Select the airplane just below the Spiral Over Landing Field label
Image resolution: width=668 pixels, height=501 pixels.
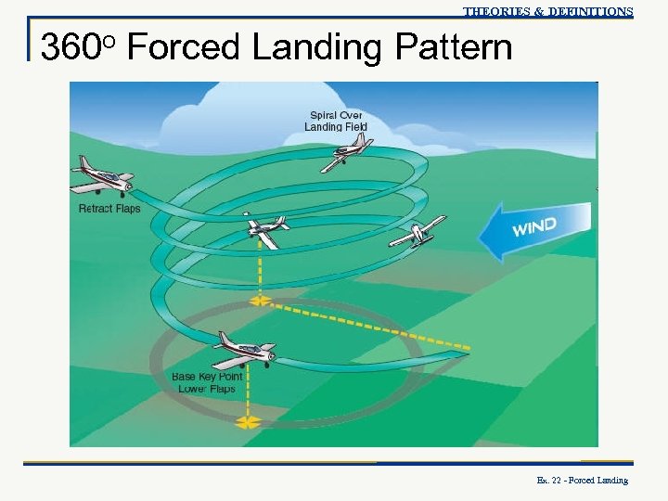(348, 153)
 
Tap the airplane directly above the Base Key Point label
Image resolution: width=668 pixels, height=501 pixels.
(244, 350)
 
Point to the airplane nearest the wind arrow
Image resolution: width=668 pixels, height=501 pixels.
(418, 233)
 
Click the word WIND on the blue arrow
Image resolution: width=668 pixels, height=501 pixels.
(536, 225)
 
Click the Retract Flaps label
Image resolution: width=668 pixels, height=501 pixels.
(109, 209)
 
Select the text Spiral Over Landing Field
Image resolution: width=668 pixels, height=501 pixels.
(336, 121)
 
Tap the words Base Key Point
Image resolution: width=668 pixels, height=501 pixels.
(207, 377)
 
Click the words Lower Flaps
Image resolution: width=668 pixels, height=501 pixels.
(207, 389)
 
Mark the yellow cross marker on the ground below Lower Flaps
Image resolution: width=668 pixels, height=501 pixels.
(247, 422)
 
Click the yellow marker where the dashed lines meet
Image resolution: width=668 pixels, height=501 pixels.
(260, 301)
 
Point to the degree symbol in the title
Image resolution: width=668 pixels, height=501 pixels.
(107, 39)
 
